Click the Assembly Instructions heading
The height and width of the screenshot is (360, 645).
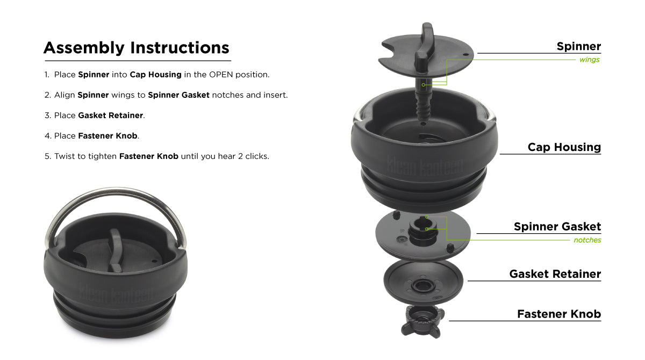coord(136,48)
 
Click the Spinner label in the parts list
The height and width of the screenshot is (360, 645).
coord(578,46)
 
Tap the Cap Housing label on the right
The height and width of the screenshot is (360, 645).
coord(564,147)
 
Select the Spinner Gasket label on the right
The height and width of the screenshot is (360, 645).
coord(557,227)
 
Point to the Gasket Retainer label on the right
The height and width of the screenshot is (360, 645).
coord(555,274)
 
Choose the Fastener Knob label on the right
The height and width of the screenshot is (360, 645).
coord(558,314)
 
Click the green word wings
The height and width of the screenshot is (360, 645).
coord(589,60)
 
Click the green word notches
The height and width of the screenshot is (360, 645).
coord(587,240)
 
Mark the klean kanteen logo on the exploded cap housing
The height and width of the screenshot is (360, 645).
coord(425,165)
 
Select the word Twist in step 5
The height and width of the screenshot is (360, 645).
coord(64,156)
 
